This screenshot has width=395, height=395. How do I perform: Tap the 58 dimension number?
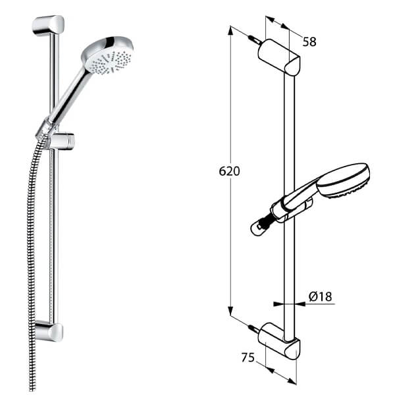pyautogui.click(x=309, y=41)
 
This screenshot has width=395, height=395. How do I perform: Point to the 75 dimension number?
pyautogui.click(x=248, y=357)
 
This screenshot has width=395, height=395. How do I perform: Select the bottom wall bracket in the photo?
pyautogui.click(x=49, y=331)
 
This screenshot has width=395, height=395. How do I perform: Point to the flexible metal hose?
pyautogui.click(x=30, y=263)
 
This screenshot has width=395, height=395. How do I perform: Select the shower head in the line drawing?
pyautogui.click(x=343, y=178)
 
